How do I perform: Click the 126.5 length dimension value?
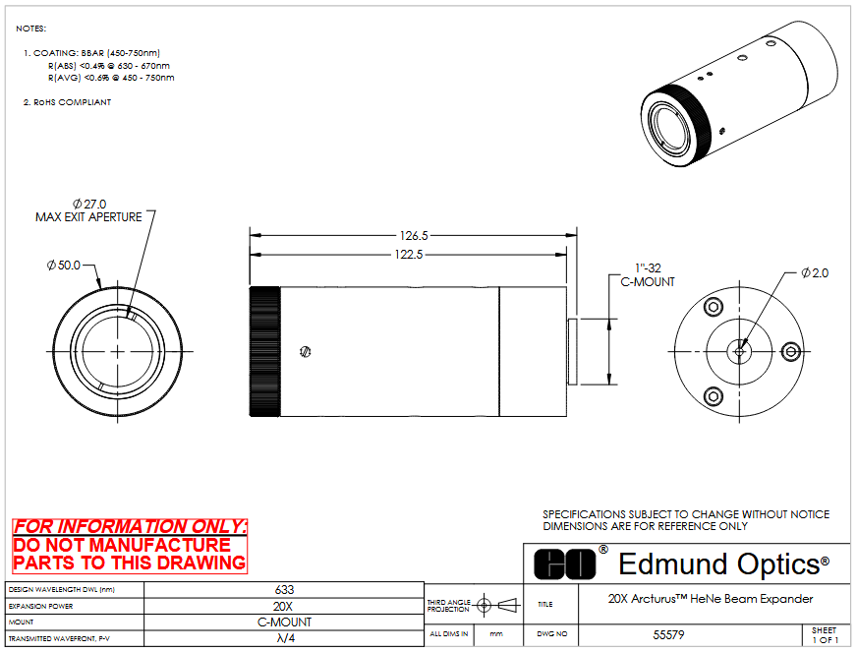[414, 236]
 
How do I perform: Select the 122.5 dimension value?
[409, 255]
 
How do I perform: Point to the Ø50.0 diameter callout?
[64, 266]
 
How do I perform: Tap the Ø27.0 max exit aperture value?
[89, 204]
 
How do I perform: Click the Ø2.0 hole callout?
[815, 272]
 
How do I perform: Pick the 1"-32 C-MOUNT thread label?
[648, 275]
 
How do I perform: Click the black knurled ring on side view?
[265, 351]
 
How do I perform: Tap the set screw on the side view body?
[306, 352]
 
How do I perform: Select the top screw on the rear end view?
[714, 306]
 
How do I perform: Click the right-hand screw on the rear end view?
[791, 352]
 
